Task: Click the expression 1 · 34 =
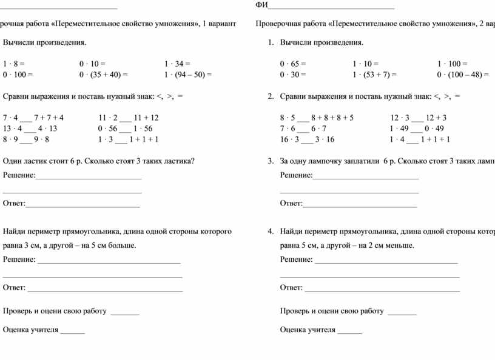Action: click(x=177, y=63)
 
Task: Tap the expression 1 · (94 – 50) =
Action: click(x=188, y=75)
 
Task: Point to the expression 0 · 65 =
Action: click(x=293, y=63)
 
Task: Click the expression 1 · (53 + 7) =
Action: click(x=374, y=75)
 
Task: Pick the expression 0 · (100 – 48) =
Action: click(x=463, y=75)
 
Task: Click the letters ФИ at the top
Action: click(x=261, y=5)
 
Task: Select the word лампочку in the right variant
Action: click(x=342, y=161)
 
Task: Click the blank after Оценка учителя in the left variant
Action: click(x=73, y=331)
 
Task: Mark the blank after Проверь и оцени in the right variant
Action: click(x=402, y=312)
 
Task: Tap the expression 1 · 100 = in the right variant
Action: click(x=452, y=63)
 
